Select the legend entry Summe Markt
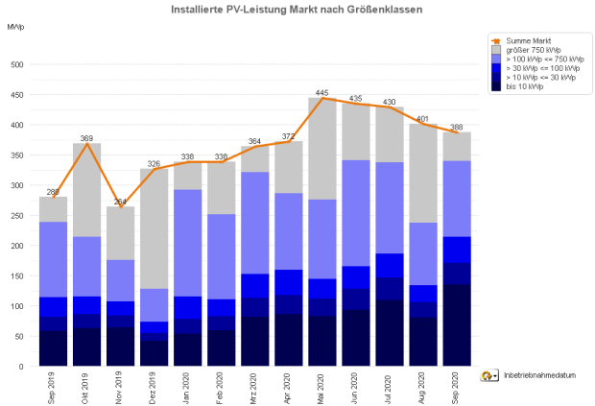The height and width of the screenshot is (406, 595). (528, 42)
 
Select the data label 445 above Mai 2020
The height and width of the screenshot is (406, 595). (322, 93)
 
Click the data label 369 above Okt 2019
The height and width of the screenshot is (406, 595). (87, 138)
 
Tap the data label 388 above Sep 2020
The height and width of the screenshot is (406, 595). (457, 127)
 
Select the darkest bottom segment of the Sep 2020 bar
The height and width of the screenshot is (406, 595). (457, 325)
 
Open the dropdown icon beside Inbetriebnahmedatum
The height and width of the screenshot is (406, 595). (488, 376)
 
